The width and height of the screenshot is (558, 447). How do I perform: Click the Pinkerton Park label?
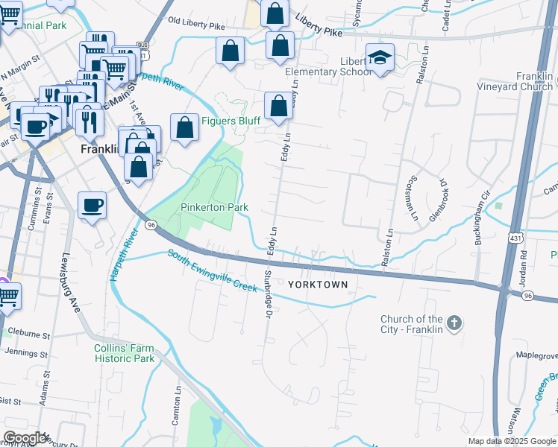214,207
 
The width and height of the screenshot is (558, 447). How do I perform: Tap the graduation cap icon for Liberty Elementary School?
380,58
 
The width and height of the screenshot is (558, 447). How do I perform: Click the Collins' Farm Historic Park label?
124,353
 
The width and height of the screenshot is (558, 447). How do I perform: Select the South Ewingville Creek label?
212,270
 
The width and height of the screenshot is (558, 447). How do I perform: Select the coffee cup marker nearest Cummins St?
92,205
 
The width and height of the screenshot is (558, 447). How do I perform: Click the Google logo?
25,438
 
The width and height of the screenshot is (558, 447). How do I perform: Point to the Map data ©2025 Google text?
511,441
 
